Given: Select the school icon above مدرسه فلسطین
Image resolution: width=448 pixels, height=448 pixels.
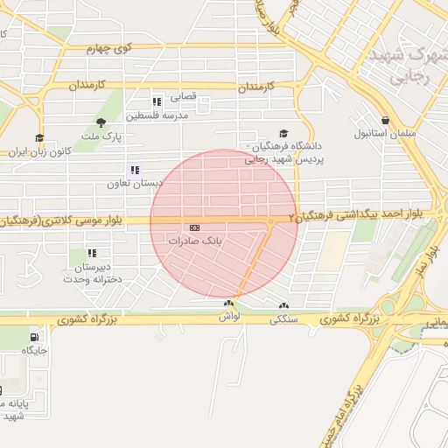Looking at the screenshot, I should tap(157, 101).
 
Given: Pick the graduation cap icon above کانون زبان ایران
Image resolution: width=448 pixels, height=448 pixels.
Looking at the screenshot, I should tap(38, 137).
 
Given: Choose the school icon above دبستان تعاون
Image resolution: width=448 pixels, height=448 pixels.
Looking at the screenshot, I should tap(135, 169).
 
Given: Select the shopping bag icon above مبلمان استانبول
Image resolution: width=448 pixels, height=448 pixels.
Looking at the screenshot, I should tap(385, 120).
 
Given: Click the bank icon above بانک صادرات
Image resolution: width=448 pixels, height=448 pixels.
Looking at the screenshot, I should tap(194, 227).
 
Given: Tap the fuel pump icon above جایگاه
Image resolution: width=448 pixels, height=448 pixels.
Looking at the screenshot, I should tap(34, 337).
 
